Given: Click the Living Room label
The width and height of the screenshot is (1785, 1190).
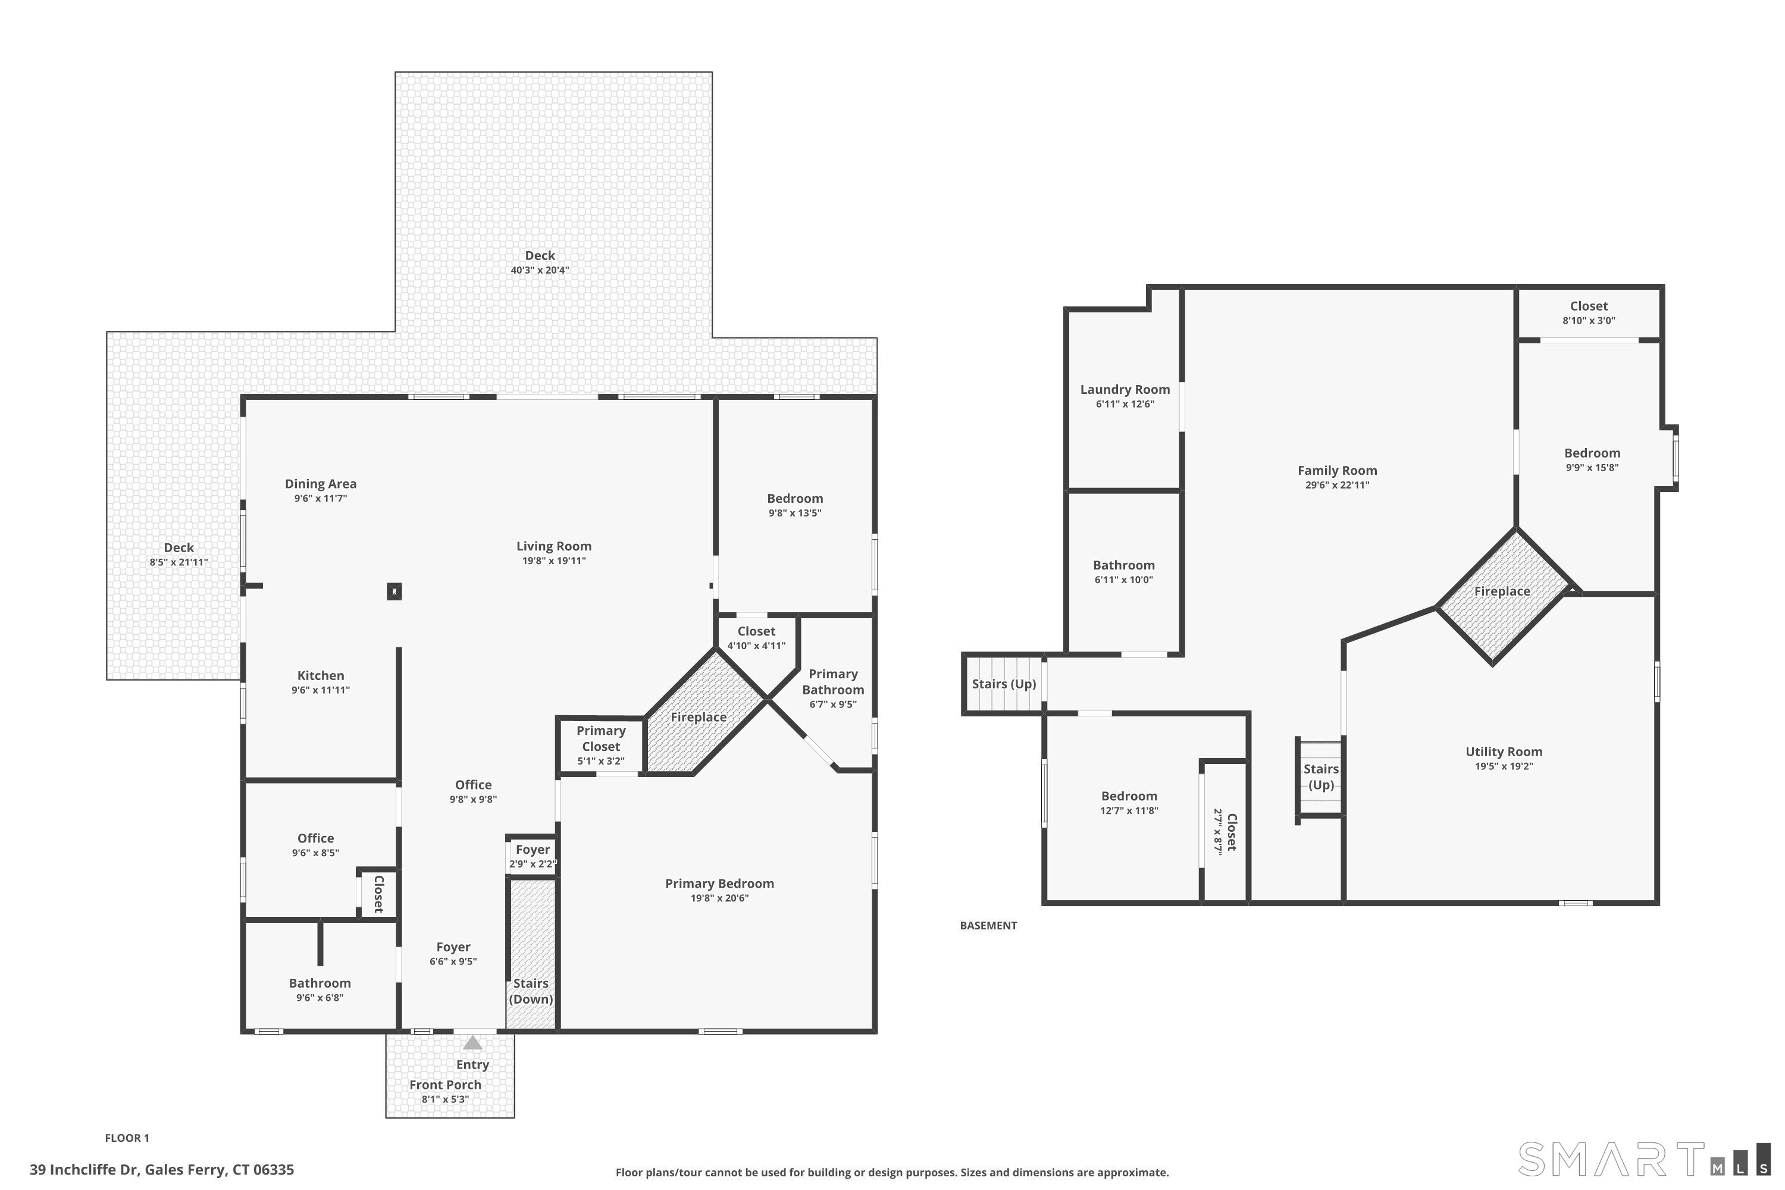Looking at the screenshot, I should (553, 546).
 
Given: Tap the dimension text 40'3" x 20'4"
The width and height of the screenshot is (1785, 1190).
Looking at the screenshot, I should (540, 270).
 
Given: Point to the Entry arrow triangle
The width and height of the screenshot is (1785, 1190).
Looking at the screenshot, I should (472, 1043).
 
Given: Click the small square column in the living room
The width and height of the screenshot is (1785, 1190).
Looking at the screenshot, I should (394, 591).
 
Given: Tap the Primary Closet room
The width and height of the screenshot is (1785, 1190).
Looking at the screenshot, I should (600, 744).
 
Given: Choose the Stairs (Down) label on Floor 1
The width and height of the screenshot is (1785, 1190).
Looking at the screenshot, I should (531, 991).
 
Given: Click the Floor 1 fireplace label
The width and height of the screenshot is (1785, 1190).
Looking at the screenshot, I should (698, 717).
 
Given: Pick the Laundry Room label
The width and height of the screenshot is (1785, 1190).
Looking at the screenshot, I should (1125, 389).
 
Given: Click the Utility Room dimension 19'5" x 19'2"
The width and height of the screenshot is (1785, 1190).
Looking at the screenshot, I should (1504, 766).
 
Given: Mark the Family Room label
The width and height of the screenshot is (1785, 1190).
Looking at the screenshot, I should (1336, 471).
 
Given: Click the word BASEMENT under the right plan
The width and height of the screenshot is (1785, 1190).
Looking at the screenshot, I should (988, 926).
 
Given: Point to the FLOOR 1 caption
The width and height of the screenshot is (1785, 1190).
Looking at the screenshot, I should (127, 1138).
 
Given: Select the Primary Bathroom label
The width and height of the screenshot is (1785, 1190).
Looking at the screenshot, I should (832, 681).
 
